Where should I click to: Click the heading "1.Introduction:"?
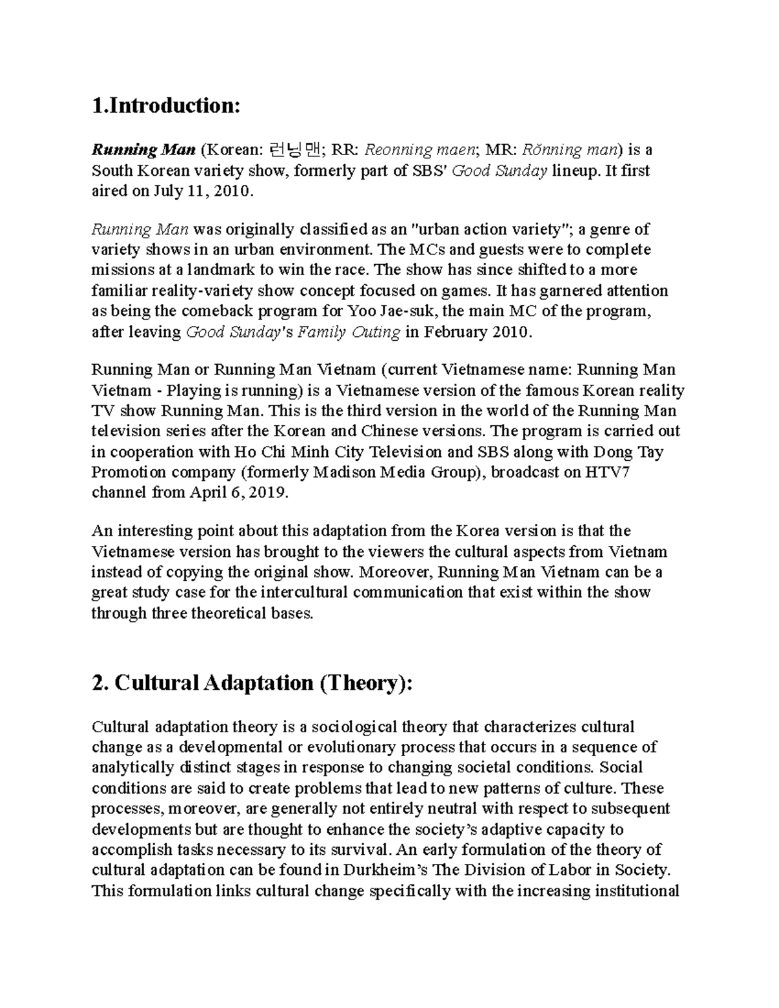[x=166, y=106]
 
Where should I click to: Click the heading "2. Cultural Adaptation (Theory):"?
[x=252, y=683]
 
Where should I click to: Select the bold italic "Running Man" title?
[x=143, y=151]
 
